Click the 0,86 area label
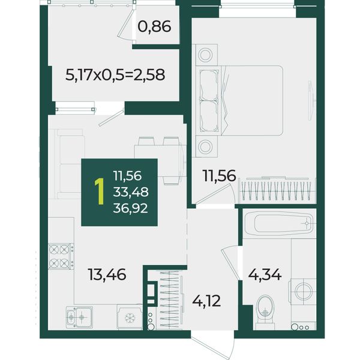coord(154,26)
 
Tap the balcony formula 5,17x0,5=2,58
coord(115,75)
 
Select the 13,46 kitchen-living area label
coord(107,275)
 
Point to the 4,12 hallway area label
coord(206,301)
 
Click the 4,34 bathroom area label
coord(265,274)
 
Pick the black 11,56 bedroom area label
coord(219,176)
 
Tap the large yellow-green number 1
coord(99,192)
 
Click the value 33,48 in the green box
coord(131,192)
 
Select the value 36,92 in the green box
coord(130,208)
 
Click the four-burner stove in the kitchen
coord(61,256)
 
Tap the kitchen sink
coord(79,317)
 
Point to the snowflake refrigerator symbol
coord(130,318)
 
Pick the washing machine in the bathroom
coord(303,292)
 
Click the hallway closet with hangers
coord(170,299)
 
